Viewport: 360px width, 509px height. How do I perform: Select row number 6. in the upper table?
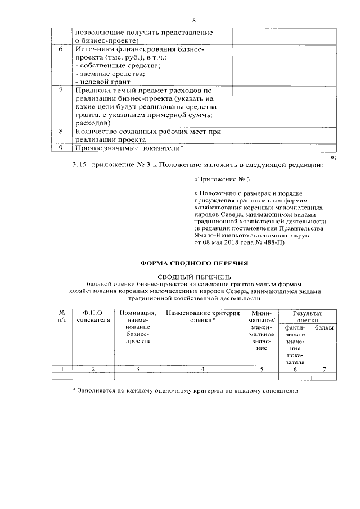pyautogui.click(x=62, y=50)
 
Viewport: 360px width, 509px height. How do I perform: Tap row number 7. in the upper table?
pyautogui.click(x=62, y=90)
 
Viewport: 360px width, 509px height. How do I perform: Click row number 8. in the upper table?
pyautogui.click(x=62, y=131)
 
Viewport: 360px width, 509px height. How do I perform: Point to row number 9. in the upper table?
pyautogui.click(x=62, y=147)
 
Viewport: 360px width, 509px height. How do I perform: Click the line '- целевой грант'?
pyautogui.click(x=98, y=82)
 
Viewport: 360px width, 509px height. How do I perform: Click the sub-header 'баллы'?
pyautogui.click(x=323, y=327)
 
